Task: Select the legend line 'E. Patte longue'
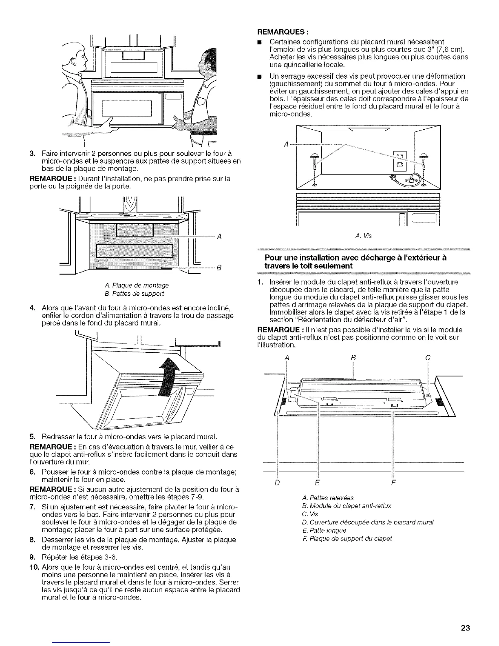(325, 530)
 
